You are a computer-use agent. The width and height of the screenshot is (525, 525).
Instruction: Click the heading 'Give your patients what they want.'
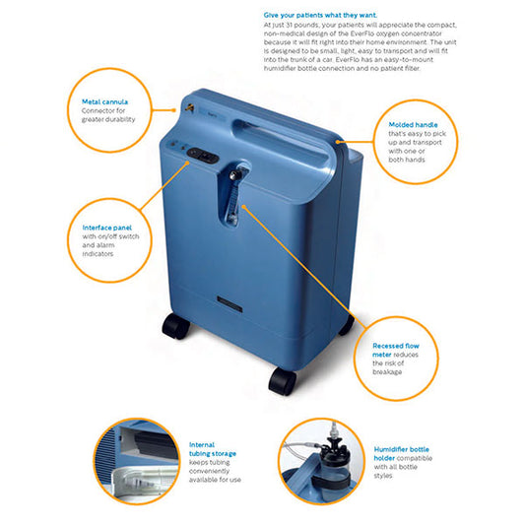(320, 15)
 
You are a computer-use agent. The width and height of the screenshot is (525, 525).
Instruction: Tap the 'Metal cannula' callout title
(104, 101)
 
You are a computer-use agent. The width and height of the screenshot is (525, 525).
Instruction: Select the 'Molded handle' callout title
(413, 125)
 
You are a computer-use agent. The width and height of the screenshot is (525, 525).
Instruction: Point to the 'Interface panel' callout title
(107, 228)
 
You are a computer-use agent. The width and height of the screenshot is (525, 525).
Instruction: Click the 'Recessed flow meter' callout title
(395, 351)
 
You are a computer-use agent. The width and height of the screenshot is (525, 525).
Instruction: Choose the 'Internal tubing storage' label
(213, 449)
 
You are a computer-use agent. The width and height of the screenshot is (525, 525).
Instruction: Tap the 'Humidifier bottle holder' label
(401, 454)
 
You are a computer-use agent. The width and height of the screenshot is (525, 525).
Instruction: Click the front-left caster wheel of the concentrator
(175, 326)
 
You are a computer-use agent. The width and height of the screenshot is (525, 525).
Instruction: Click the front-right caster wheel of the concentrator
(283, 381)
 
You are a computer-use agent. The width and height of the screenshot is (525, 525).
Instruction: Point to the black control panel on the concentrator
(203, 156)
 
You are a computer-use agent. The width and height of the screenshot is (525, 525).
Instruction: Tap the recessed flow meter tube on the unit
(233, 200)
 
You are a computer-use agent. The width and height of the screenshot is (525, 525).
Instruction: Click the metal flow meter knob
(234, 174)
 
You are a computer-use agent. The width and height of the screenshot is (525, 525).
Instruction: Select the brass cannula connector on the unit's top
(190, 107)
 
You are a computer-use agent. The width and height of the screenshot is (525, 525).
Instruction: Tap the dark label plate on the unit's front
(230, 303)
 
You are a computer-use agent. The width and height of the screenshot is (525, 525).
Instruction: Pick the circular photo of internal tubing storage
(136, 462)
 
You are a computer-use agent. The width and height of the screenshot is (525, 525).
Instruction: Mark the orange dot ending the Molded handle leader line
(338, 142)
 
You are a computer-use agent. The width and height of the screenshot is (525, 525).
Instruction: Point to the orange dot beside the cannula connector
(173, 109)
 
